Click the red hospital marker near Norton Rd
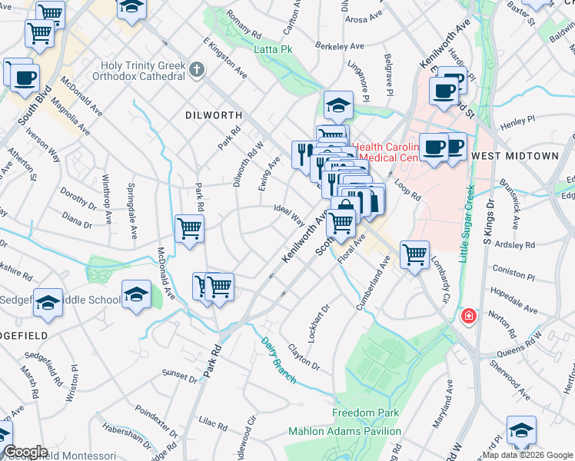(x=467, y=317)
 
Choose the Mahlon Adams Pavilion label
(x=338, y=431)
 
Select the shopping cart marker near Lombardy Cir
(x=414, y=254)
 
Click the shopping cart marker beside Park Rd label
(x=189, y=227)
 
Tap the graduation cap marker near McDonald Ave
(x=136, y=294)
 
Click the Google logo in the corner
(x=25, y=452)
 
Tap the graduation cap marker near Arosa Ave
(x=338, y=104)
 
